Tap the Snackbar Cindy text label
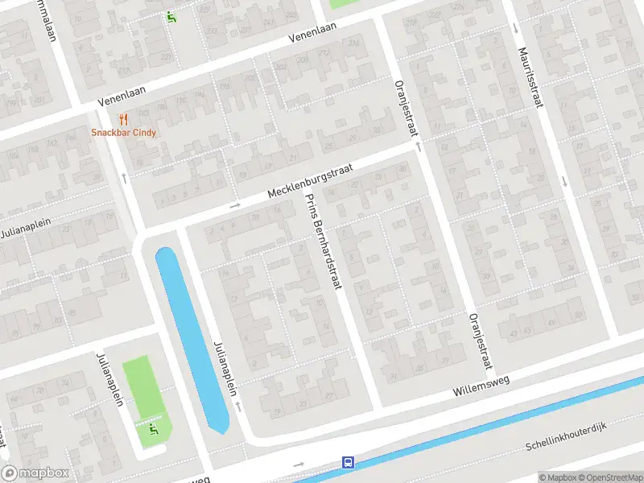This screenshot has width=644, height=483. coord(123,133)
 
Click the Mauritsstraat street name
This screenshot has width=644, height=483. coord(535,77)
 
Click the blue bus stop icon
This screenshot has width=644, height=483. coord(349,462)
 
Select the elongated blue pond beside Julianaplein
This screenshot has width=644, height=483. coord(191,338)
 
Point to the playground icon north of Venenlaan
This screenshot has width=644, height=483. coord(171,16)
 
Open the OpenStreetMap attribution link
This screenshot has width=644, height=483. coord(609,477)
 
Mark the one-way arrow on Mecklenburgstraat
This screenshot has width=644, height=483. coord(235,205)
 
